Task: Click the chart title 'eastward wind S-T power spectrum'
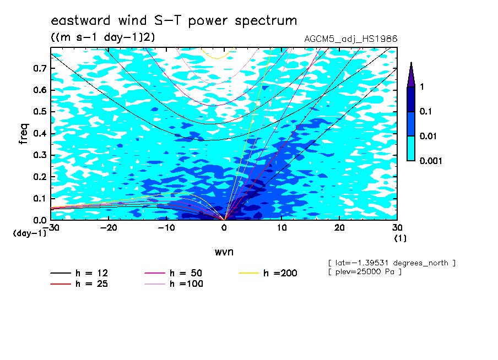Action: pos(174,20)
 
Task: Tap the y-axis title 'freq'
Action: pos(24,134)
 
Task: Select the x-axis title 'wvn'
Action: pos(224,252)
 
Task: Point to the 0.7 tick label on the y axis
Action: pos(40,68)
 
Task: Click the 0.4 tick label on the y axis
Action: pos(40,133)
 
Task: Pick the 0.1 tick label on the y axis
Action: pos(40,198)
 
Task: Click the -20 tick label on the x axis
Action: pos(109,228)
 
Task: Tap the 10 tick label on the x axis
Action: pos(282,228)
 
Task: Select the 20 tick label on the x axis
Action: pos(339,228)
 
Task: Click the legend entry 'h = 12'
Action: pos(79,273)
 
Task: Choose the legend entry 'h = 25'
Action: pos(79,283)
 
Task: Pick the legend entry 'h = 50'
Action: pos(174,273)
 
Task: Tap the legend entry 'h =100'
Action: pos(174,283)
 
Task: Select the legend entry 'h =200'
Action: pos(268,273)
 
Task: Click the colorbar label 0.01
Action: pos(428,136)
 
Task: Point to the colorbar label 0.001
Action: pos(431,161)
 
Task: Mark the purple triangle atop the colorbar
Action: pos(411,75)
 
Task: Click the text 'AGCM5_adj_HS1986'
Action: pos(350,39)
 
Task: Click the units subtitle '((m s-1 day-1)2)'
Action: pos(103,37)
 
